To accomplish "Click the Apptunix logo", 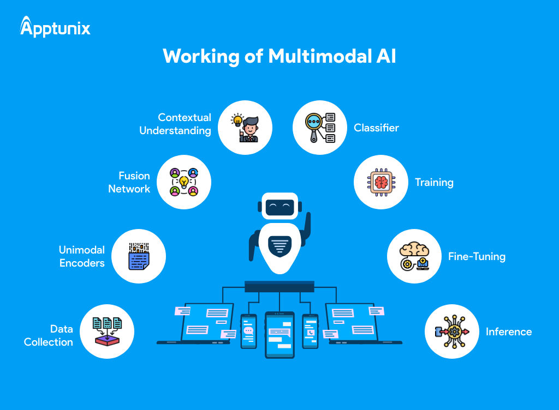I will (x=55, y=27).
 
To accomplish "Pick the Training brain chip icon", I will (x=381, y=182).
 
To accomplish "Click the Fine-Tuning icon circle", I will (x=414, y=256).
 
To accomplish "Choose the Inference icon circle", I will (x=451, y=331).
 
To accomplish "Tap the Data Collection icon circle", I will (x=107, y=331).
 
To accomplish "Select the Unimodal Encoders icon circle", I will (x=139, y=256).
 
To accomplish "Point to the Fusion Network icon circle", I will (x=183, y=182).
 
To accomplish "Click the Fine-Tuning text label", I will (x=477, y=256).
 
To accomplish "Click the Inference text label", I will (x=508, y=331).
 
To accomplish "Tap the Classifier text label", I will (x=376, y=128).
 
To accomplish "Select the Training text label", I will (x=434, y=182).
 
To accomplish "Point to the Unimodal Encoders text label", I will (x=81, y=256).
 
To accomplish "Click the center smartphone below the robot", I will (x=279, y=334).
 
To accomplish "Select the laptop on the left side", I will (x=202, y=324).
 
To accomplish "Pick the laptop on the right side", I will (x=358, y=324).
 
